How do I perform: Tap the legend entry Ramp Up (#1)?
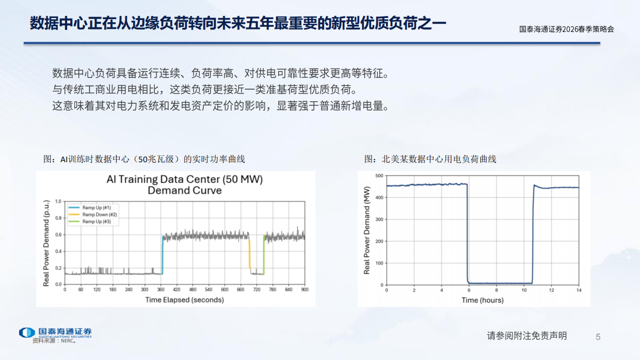pos(96,207)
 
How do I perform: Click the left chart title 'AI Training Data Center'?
pos(184,180)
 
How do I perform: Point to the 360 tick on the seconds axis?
pos(161,289)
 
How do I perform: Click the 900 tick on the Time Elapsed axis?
pos(305,289)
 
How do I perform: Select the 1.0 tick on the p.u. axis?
pos(58,201)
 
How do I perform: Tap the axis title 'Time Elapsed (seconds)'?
pos(184,300)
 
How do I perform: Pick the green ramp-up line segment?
pos(264,254)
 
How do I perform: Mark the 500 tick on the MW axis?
pos(379,176)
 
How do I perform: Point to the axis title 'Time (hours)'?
pos(483,300)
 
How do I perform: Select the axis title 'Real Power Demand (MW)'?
pos(367,230)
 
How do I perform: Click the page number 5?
pos(598,337)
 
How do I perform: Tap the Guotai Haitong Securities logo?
pos(55,332)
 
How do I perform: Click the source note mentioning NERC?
pos(54,341)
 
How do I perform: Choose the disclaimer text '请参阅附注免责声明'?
pos(526,336)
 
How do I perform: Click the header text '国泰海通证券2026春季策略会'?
pos(566,29)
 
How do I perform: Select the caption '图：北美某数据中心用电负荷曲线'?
pos(430,159)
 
